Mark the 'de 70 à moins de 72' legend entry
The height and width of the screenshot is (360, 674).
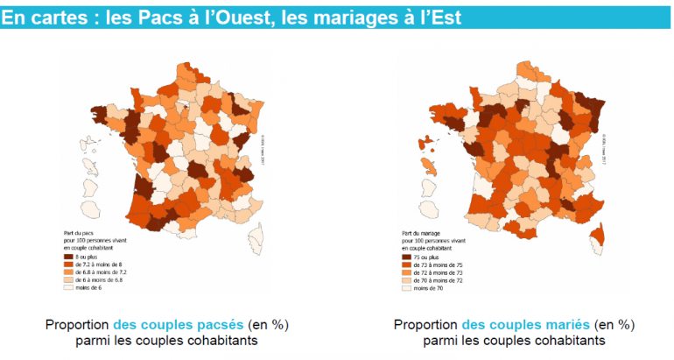point(435,280)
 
